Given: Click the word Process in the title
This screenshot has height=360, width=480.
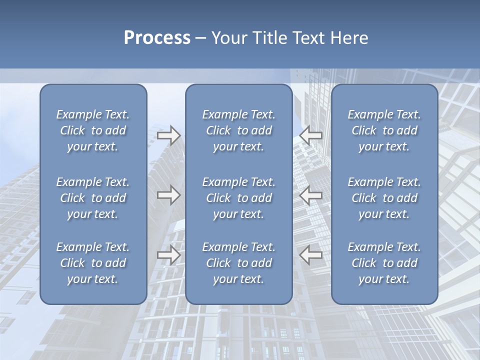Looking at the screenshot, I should coord(157,37).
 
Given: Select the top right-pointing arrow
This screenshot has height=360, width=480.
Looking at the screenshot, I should coord(169,136).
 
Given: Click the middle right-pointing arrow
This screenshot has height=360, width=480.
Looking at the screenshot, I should coord(169,195).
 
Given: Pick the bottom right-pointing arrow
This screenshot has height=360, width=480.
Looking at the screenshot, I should coord(169,255).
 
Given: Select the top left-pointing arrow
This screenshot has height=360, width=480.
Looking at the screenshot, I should coord(311,136).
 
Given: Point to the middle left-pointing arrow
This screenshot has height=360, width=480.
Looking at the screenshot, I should coord(311,195).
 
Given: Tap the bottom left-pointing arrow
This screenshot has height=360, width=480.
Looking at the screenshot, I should coord(311,255).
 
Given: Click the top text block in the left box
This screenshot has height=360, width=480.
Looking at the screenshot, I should coord(93,130).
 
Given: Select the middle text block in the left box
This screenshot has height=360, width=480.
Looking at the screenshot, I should coord(93,198).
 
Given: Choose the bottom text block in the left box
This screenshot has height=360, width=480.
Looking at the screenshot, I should coord(93,263).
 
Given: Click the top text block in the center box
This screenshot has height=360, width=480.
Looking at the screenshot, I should coord(239,130).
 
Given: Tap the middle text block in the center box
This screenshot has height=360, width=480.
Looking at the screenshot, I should coord(239,198).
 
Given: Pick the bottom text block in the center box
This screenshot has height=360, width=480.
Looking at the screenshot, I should coord(239,263).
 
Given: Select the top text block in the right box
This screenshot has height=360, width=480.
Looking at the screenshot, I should coord(384,130).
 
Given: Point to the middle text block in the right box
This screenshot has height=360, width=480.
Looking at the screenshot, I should coord(384,198).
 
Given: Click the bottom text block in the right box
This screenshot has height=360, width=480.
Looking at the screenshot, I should coord(384,263).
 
